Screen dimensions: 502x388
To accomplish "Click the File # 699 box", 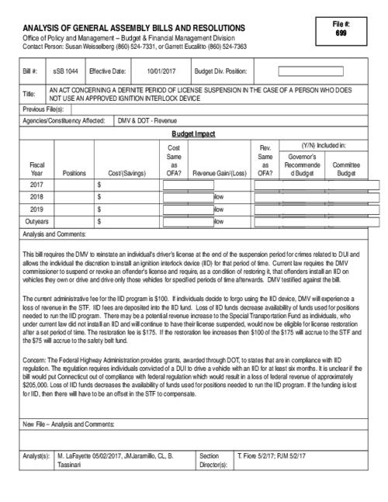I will click(x=341, y=30).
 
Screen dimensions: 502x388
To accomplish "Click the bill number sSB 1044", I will click(x=65, y=71).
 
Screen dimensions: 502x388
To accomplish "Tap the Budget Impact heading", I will click(x=194, y=133).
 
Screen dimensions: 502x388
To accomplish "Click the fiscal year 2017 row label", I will click(x=36, y=185).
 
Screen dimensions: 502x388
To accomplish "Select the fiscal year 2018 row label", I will click(x=36, y=197).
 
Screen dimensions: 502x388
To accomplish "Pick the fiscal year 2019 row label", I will click(x=36, y=209).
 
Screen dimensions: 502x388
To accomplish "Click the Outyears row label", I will click(x=36, y=221).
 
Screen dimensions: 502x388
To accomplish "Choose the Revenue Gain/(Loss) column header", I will click(x=219, y=173).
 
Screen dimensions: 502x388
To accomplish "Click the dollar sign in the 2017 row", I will click(x=99, y=185).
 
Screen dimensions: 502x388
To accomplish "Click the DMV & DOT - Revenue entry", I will click(x=147, y=121).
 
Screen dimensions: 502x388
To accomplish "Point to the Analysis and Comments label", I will click(x=54, y=234).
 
